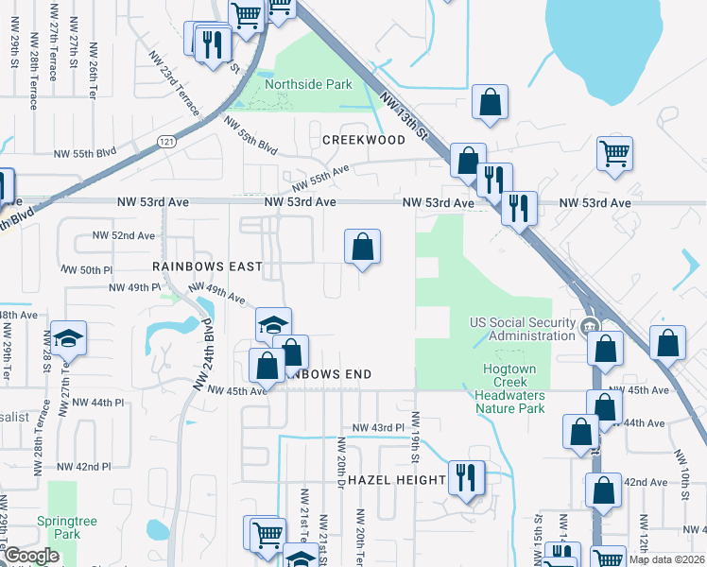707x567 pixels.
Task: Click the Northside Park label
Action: point(308,84)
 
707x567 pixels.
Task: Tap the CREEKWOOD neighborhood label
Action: point(364,140)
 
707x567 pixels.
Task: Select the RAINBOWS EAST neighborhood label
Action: point(207,267)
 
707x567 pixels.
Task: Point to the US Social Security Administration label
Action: point(523,329)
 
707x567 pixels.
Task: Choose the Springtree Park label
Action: point(60,526)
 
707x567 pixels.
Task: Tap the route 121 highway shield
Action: point(166,141)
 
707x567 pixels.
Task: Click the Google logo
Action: point(31,556)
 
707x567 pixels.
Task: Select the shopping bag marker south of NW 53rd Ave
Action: point(362,248)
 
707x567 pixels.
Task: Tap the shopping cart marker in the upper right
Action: point(615,153)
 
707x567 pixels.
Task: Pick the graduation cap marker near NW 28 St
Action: point(68,338)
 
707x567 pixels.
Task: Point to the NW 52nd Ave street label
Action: point(122,235)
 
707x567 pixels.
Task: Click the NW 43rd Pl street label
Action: point(378,428)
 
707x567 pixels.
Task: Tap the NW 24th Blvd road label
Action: point(211,350)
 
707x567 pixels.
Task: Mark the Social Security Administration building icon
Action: point(589,326)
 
